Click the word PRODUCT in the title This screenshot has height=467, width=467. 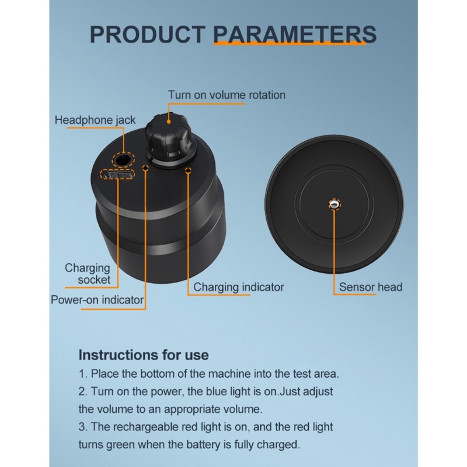coord(148,34)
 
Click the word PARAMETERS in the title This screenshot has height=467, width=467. coord(295,34)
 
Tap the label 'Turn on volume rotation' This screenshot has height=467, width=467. coord(226,95)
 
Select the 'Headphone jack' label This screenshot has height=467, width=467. coord(95,120)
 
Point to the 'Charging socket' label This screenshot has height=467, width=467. coord(88,274)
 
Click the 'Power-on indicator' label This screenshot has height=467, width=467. coord(97,299)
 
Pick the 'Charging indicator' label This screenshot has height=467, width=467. coord(239,287)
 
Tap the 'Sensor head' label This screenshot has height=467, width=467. coord(371,287)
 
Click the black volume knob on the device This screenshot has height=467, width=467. coord(169,138)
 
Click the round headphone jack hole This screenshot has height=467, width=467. coord(123,160)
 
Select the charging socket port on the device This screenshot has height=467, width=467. coord(117,174)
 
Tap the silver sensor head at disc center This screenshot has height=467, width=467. coord(334,204)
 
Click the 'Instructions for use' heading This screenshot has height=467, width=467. coord(144,355)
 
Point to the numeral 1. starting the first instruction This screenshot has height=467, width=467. coord(82,374)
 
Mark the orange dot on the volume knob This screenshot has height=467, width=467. coord(169,121)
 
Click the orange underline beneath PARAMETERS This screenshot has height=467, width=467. coord(290,43)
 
